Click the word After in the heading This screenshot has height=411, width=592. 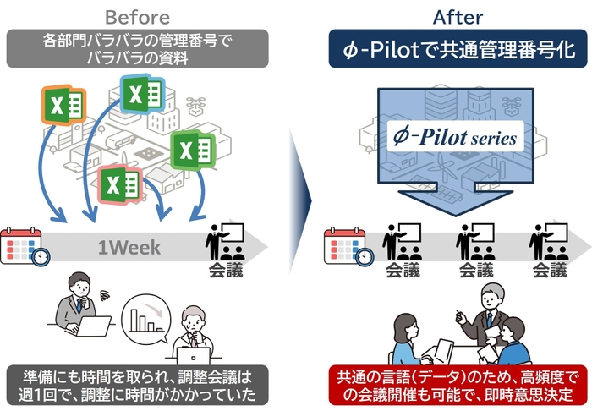point(456,16)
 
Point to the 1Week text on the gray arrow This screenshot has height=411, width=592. point(125,247)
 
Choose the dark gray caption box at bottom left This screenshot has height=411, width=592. point(139,385)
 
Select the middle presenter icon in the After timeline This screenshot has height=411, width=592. point(474,242)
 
